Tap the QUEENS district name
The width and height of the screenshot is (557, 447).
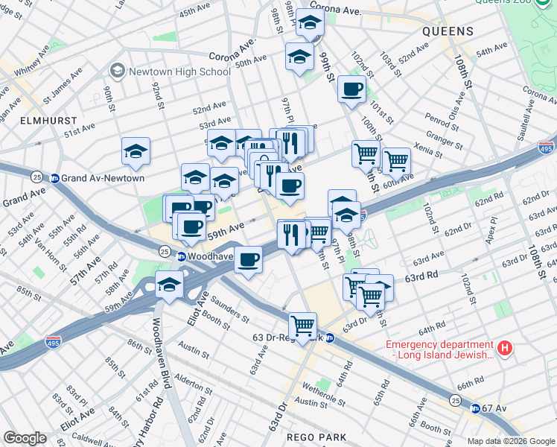point(447,31)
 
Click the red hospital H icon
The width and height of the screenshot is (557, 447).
point(505,347)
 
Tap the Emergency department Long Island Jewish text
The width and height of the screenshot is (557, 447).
point(439,350)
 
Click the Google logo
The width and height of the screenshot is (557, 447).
point(25,438)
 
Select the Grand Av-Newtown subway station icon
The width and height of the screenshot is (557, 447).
point(54,178)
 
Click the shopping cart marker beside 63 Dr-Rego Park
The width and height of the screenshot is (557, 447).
point(303,326)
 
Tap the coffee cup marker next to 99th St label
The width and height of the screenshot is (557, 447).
point(351,89)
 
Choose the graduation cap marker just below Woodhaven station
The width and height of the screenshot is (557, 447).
point(170,285)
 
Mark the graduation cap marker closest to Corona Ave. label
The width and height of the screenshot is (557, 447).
point(310,25)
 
